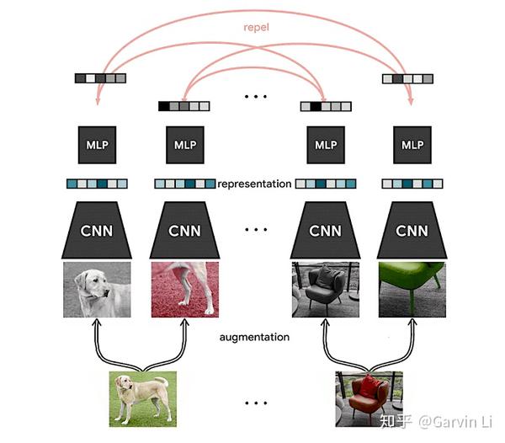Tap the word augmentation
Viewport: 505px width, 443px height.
[x=254, y=337]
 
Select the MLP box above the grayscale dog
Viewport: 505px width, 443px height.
[x=97, y=145]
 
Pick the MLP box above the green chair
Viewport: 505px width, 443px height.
[x=412, y=145]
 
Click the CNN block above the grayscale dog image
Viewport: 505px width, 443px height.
[x=97, y=230]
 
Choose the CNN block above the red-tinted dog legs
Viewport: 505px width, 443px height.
[x=184, y=230]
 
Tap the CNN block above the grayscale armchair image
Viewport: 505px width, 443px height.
[x=325, y=230]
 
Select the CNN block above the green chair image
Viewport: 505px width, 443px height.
[x=412, y=230]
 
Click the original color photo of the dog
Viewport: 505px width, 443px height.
[x=142, y=398]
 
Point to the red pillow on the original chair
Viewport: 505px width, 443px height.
[x=368, y=387]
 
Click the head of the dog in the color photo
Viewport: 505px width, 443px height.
[x=126, y=385]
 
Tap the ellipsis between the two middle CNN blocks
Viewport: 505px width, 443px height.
[x=254, y=230]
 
